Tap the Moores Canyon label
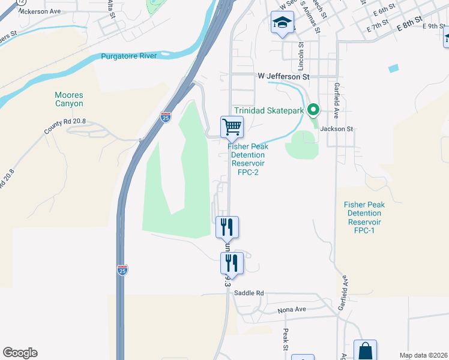pos(69,99)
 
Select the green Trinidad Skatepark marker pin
pos(312,110)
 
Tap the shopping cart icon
pos(232,127)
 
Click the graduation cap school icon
pos(282,23)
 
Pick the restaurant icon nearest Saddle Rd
pos(231,263)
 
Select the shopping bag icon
pos(365,350)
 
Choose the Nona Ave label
pos(292,310)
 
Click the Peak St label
pos(286,340)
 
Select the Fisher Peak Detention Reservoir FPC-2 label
pos(248,159)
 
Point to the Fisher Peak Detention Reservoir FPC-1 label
pos(364,217)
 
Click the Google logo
pos(20,353)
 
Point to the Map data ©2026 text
pos(423,355)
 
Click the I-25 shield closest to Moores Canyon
pos(166,116)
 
